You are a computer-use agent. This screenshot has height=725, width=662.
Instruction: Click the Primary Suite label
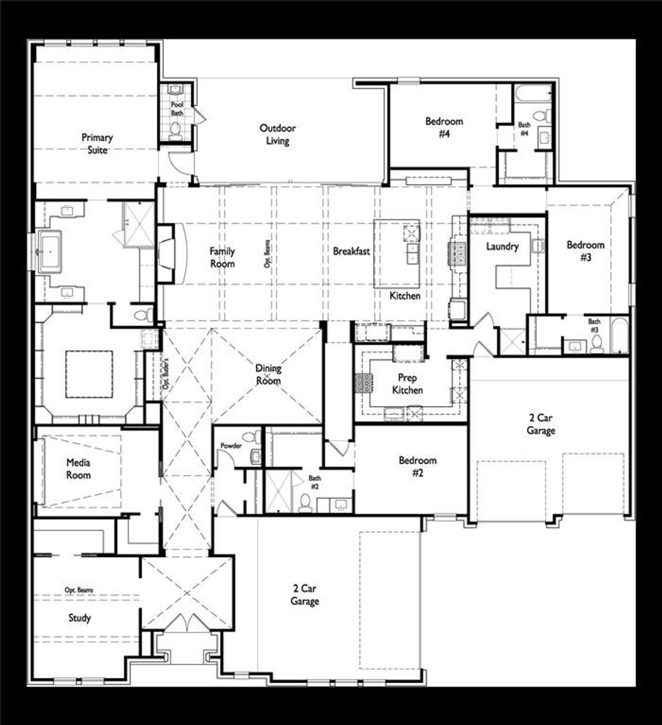97,144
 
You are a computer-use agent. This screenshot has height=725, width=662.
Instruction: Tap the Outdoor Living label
278,134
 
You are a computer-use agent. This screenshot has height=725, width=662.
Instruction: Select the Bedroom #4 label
444,128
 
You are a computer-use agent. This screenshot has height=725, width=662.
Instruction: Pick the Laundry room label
502,247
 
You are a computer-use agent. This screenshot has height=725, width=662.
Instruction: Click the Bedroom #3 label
585,251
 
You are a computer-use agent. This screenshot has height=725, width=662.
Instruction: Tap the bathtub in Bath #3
619,337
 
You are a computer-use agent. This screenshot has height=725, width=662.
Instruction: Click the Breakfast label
351,251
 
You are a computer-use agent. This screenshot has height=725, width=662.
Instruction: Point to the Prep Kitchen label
407,384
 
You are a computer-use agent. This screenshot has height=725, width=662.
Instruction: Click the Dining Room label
268,374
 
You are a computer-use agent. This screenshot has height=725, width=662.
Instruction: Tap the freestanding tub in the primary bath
50,252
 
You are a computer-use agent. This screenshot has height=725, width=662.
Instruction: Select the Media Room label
78,469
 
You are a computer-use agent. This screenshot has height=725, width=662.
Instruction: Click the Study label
80,618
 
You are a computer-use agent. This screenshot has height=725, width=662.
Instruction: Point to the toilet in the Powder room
253,437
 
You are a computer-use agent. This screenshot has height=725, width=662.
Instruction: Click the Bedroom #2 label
417,466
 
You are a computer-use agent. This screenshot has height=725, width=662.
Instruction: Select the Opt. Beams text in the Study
79,590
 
